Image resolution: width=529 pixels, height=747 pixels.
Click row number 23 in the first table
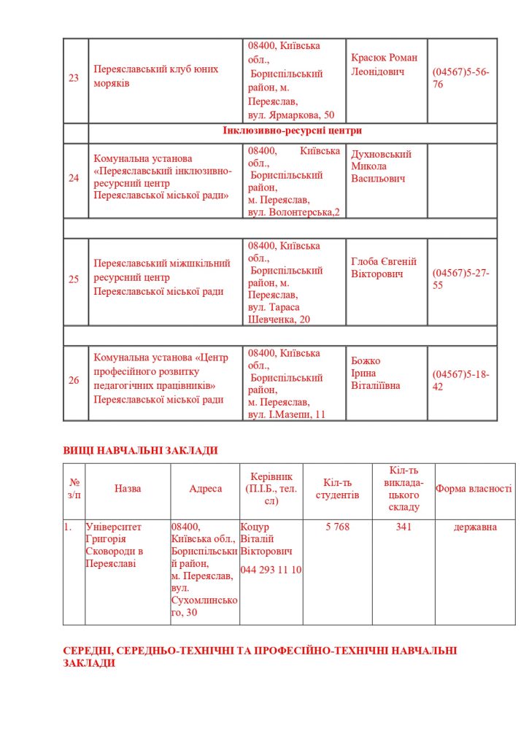coord(74,78)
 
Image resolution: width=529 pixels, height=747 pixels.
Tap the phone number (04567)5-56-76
coord(460,78)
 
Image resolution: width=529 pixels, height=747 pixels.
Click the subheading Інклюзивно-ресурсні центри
coord(292,131)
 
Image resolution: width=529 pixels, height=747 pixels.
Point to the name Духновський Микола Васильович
coord(381,166)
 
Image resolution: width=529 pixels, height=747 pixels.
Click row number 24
coord(74,177)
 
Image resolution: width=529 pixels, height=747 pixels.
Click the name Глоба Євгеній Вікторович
coord(383,268)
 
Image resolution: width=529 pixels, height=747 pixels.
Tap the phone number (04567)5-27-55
coord(460,279)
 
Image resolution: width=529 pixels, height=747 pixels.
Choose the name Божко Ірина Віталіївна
coord(375,373)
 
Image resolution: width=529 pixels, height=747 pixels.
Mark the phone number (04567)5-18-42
coord(460,380)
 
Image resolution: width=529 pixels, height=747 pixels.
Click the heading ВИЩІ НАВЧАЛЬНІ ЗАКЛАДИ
coord(140,450)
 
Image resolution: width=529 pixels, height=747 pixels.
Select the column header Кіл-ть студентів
coord(337,489)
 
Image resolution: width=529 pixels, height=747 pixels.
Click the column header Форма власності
coord(474,489)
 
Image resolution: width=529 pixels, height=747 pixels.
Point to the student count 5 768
coord(337,527)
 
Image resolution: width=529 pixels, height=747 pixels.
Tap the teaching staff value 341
coord(404,527)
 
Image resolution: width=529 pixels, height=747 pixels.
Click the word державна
coord(475,527)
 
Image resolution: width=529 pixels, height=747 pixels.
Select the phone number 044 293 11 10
coord(271,570)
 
